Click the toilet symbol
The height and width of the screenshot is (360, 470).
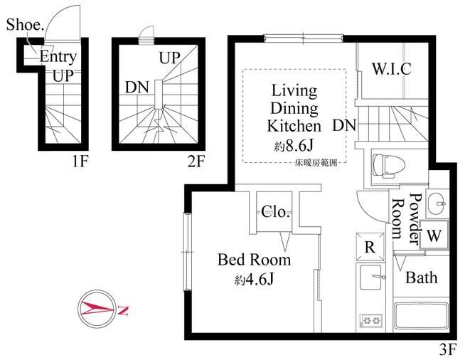coord(389,166)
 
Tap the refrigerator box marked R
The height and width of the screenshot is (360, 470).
coord(370,247)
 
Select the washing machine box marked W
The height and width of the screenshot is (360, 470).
coord(434,235)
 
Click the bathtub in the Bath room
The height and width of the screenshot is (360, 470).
coord(421,316)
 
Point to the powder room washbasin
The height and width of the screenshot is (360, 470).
coord(437,203)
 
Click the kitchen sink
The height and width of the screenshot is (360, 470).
coord(370,277)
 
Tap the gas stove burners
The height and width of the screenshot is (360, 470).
coord(371,320)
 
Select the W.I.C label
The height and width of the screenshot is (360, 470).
coord(392,69)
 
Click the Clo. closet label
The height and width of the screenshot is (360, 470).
coord(275,212)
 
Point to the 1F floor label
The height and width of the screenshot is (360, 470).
coord(80,162)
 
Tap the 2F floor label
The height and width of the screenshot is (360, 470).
coord(196,162)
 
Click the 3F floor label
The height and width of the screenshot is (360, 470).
coord(448,349)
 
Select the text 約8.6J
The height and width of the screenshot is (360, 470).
coord(294,146)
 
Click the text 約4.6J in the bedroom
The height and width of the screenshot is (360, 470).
coord(254,280)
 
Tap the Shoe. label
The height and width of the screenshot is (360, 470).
coord(25,25)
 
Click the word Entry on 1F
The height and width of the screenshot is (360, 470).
coord(58,57)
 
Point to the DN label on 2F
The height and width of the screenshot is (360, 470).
coord(137,88)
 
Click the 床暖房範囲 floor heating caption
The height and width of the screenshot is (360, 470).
coord(316,163)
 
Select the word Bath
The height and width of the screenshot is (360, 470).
coord(421,277)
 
